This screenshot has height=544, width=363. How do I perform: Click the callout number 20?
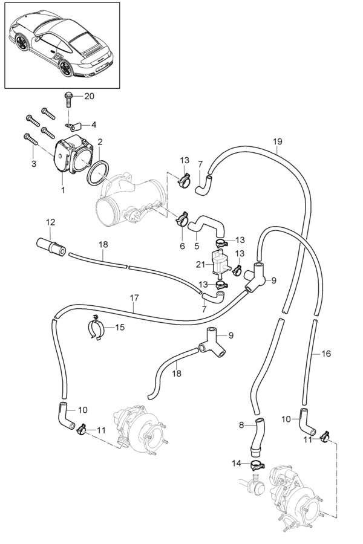89,96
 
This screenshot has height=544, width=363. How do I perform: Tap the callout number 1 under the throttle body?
63,189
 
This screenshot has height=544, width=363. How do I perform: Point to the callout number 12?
50,222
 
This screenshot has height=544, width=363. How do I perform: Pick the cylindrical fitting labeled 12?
50,245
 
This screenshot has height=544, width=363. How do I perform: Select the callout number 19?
277,142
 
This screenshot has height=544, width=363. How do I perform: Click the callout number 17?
134,297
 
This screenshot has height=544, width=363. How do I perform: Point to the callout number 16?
326,354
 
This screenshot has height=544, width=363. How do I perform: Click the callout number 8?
241,425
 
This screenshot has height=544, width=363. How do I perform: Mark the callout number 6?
181,246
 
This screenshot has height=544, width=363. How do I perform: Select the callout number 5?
196,246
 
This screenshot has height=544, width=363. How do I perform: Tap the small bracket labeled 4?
74,126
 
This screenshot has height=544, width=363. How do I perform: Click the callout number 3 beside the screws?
34,164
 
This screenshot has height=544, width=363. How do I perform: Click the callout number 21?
201,264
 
